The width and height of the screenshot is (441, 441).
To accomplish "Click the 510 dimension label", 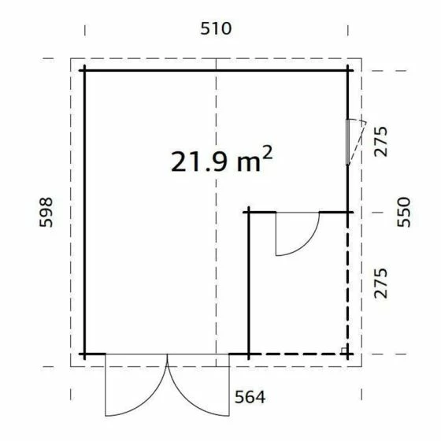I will tap(216, 29).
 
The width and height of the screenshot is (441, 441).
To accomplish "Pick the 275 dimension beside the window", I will tap(382, 142).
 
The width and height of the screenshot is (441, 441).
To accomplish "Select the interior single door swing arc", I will tap(303, 240).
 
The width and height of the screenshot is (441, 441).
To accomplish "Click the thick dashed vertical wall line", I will tap(349, 283).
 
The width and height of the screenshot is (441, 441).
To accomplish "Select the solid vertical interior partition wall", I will tap(249, 283).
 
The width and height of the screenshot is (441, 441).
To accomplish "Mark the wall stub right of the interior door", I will tap(334, 212).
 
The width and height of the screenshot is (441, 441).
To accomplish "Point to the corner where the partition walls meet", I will tap(249, 212).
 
